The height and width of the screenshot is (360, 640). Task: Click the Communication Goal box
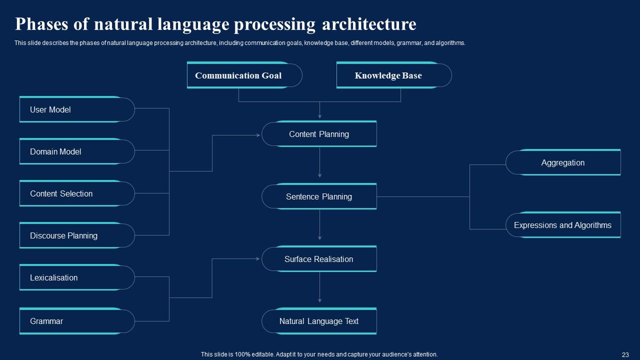pyautogui.click(x=244, y=75)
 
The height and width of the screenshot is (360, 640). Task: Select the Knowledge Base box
pyautogui.click(x=393, y=75)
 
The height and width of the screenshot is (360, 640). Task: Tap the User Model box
pyautogui.click(x=76, y=109)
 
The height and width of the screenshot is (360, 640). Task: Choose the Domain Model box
pyautogui.click(x=76, y=151)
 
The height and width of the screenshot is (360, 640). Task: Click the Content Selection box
pyautogui.click(x=76, y=193)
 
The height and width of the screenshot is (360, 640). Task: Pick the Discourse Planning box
pyautogui.click(x=76, y=235)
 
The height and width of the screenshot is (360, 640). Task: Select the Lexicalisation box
pyautogui.click(x=76, y=277)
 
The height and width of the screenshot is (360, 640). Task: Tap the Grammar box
pyautogui.click(x=76, y=321)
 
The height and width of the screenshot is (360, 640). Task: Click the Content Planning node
pyautogui.click(x=319, y=134)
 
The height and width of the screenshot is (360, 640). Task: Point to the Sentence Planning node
pyautogui.click(x=319, y=196)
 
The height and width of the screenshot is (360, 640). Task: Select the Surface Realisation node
pyautogui.click(x=319, y=259)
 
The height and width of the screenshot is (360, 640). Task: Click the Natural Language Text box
pyautogui.click(x=319, y=321)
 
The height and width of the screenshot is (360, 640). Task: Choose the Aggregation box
pyautogui.click(x=563, y=162)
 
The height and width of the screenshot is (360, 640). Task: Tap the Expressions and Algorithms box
pyautogui.click(x=563, y=225)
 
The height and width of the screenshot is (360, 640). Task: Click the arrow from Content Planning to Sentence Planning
pyautogui.click(x=319, y=162)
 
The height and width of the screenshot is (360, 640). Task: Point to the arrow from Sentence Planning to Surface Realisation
pyautogui.click(x=319, y=225)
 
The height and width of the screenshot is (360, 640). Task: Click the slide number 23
pyautogui.click(x=625, y=354)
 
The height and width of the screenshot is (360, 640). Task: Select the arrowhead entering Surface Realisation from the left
pyautogui.click(x=257, y=259)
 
